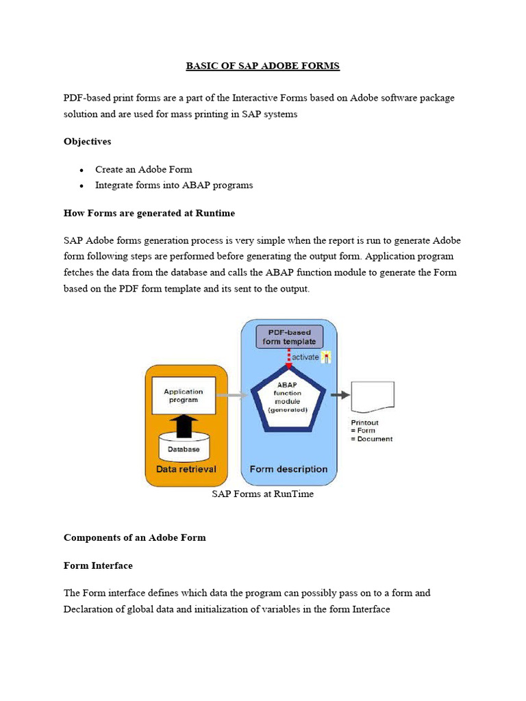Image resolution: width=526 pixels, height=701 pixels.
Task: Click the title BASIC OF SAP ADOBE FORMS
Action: pyautogui.click(x=263, y=66)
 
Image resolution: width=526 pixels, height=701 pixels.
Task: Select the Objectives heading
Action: pyautogui.click(x=88, y=142)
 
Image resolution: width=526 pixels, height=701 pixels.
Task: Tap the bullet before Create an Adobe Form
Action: pyautogui.click(x=82, y=170)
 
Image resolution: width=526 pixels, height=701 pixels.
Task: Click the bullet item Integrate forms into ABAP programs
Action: pyautogui.click(x=174, y=185)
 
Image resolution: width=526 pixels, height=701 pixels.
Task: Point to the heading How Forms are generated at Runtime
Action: pyautogui.click(x=149, y=213)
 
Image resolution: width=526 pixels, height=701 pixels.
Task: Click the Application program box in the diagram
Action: pyautogui.click(x=183, y=395)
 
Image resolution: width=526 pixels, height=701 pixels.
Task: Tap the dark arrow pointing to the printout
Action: pyautogui.click(x=338, y=395)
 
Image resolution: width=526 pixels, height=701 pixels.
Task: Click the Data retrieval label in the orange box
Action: pyautogui.click(x=186, y=469)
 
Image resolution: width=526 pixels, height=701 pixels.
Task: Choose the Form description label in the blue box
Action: pyautogui.click(x=288, y=469)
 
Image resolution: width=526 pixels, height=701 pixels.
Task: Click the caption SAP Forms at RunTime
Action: pyautogui.click(x=263, y=494)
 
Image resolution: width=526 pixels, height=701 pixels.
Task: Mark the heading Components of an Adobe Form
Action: pyautogui.click(x=135, y=537)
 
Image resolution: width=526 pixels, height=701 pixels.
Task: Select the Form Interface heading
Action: pyautogui.click(x=98, y=565)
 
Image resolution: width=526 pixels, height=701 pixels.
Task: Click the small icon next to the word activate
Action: pyautogui.click(x=326, y=357)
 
